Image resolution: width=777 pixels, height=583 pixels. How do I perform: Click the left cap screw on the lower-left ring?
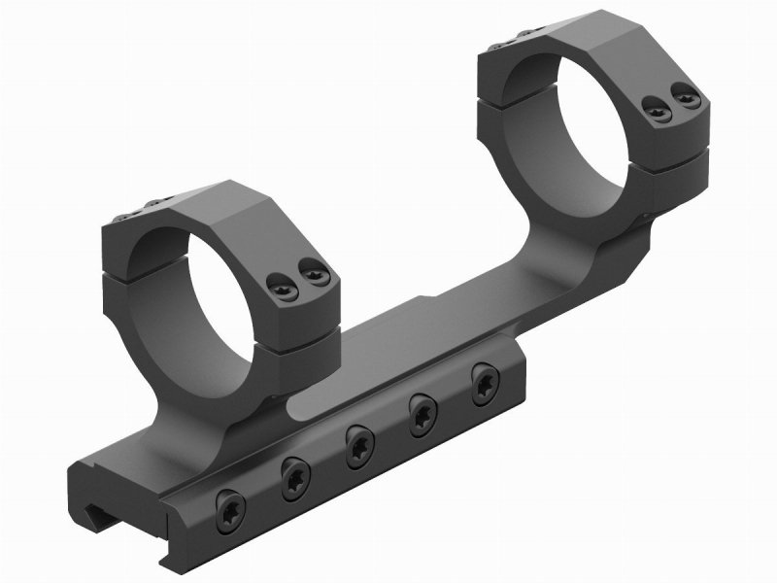276,286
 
